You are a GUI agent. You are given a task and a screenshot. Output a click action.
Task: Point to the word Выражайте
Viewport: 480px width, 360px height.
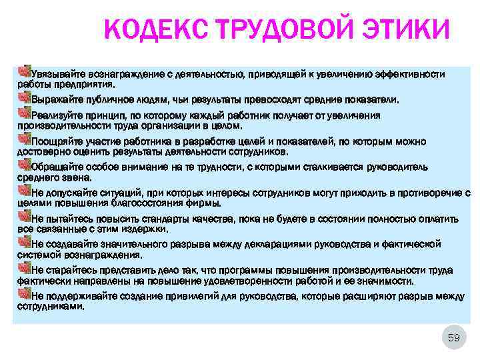[57, 100]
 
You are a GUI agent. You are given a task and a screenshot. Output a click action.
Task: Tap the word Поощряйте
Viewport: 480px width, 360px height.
[57, 142]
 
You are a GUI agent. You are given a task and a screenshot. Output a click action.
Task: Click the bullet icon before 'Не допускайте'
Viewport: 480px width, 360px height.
[25, 192]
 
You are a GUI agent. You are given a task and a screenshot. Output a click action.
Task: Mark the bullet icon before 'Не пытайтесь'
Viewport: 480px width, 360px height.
[25, 217]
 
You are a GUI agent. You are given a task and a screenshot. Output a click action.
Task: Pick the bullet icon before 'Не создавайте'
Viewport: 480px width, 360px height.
[25, 243]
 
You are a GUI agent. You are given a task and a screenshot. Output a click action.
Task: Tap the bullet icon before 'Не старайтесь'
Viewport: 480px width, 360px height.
[25, 269]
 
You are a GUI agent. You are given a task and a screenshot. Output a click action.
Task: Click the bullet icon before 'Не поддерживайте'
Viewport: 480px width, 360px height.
[25, 294]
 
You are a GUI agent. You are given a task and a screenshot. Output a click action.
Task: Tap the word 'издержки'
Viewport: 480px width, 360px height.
[145, 229]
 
